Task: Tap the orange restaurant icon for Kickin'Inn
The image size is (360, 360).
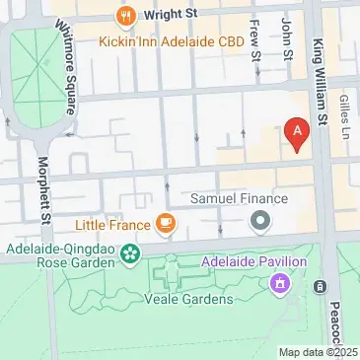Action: pos(125,17)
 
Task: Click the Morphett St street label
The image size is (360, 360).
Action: pos(43,190)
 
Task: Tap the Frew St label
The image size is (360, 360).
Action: pos(256,39)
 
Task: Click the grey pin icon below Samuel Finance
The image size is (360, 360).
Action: pos(260,221)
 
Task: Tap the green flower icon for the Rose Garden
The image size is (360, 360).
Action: pos(129,256)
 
